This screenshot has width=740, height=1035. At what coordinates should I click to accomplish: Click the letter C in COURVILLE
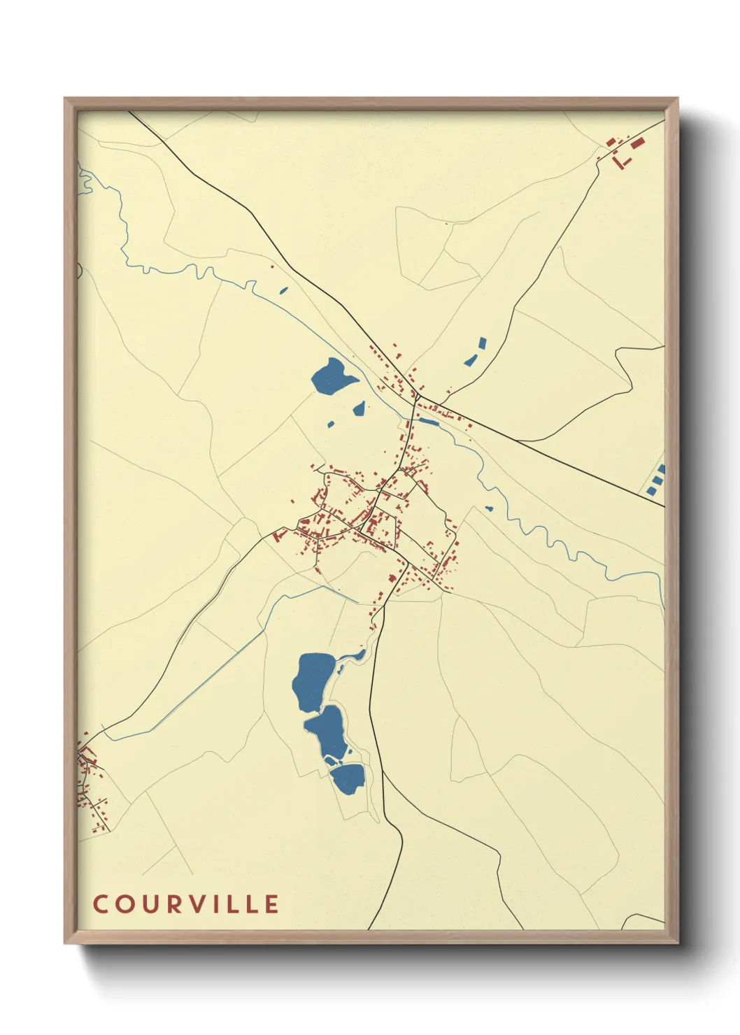click(101, 904)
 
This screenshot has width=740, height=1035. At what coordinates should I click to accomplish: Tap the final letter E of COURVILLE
click(271, 904)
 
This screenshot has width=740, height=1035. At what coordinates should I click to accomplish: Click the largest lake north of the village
click(332, 376)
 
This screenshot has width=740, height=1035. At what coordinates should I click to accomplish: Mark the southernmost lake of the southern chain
click(348, 777)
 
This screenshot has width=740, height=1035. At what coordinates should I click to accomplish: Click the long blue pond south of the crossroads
click(428, 422)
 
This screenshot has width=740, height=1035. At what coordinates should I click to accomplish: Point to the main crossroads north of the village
click(418, 398)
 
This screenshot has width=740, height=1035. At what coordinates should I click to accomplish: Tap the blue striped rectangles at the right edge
click(656, 480)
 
